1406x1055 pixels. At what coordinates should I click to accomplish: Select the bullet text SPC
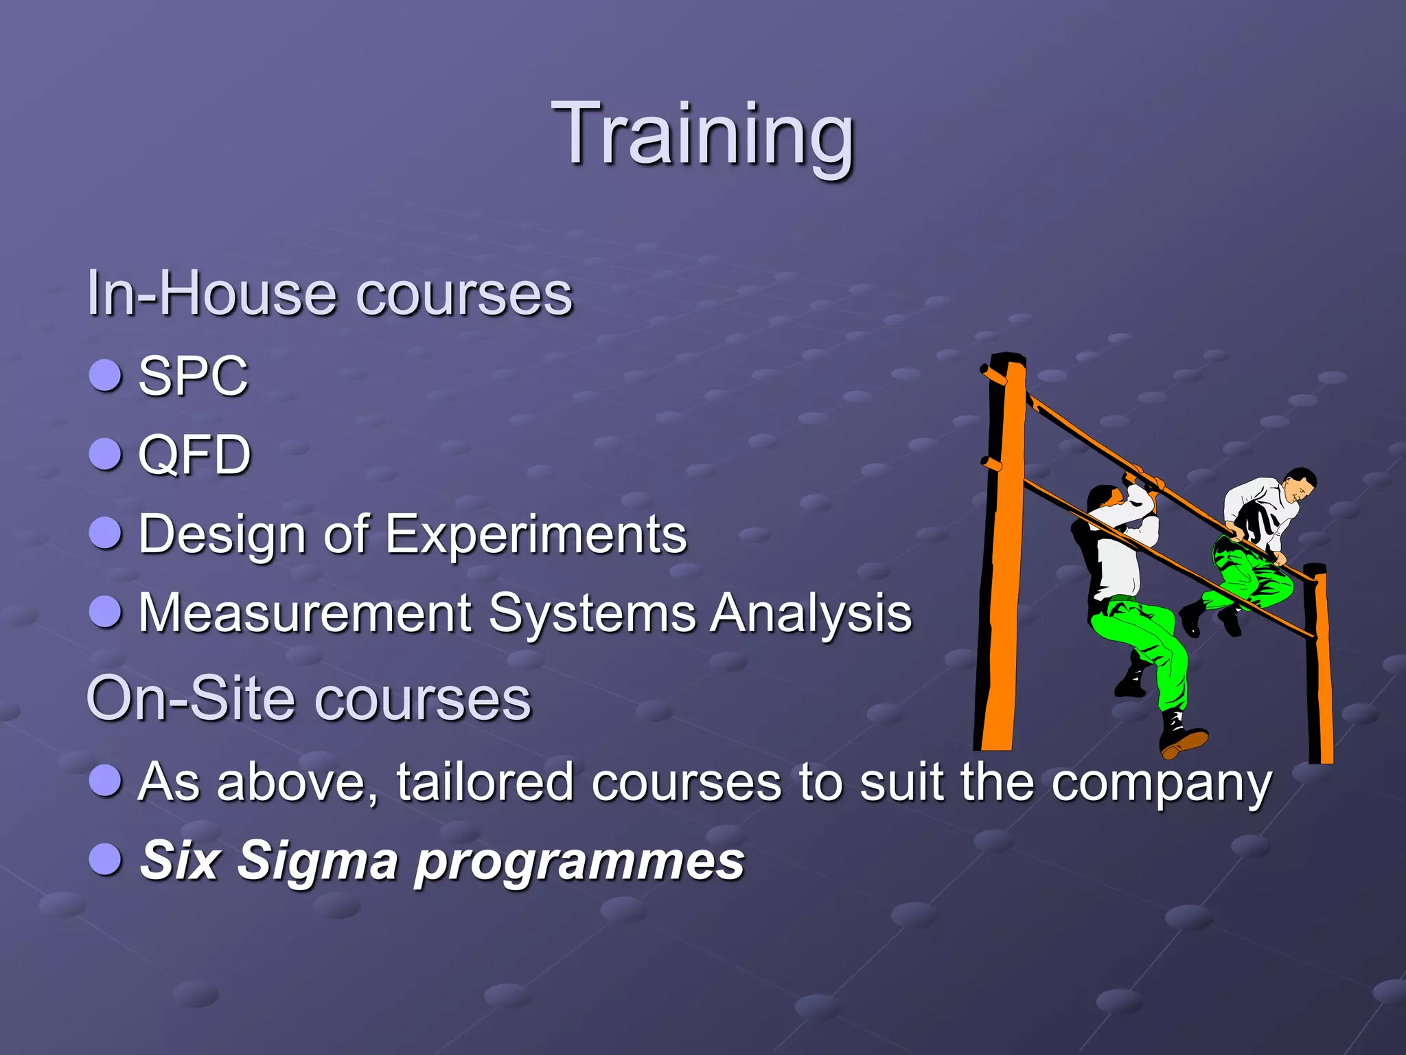tap(193, 376)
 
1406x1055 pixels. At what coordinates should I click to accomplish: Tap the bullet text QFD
tap(195, 455)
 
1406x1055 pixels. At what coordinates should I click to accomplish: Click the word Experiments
tap(535, 534)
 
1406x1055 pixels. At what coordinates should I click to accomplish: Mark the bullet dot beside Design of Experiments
tap(106, 533)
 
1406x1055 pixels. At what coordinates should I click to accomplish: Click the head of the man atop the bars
tap(1300, 484)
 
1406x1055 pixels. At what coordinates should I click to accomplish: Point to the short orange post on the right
tap(1319, 666)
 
